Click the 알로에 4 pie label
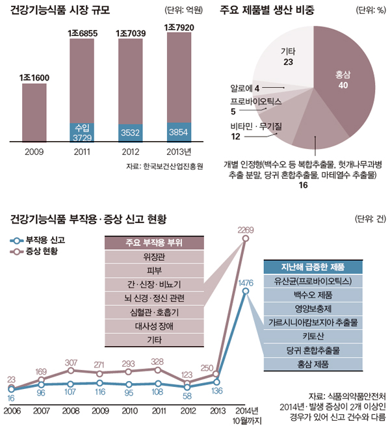coord(245,87)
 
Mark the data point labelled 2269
coord(245,239)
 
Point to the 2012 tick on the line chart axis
coord(187,411)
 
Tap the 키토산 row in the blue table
coord(313,336)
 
